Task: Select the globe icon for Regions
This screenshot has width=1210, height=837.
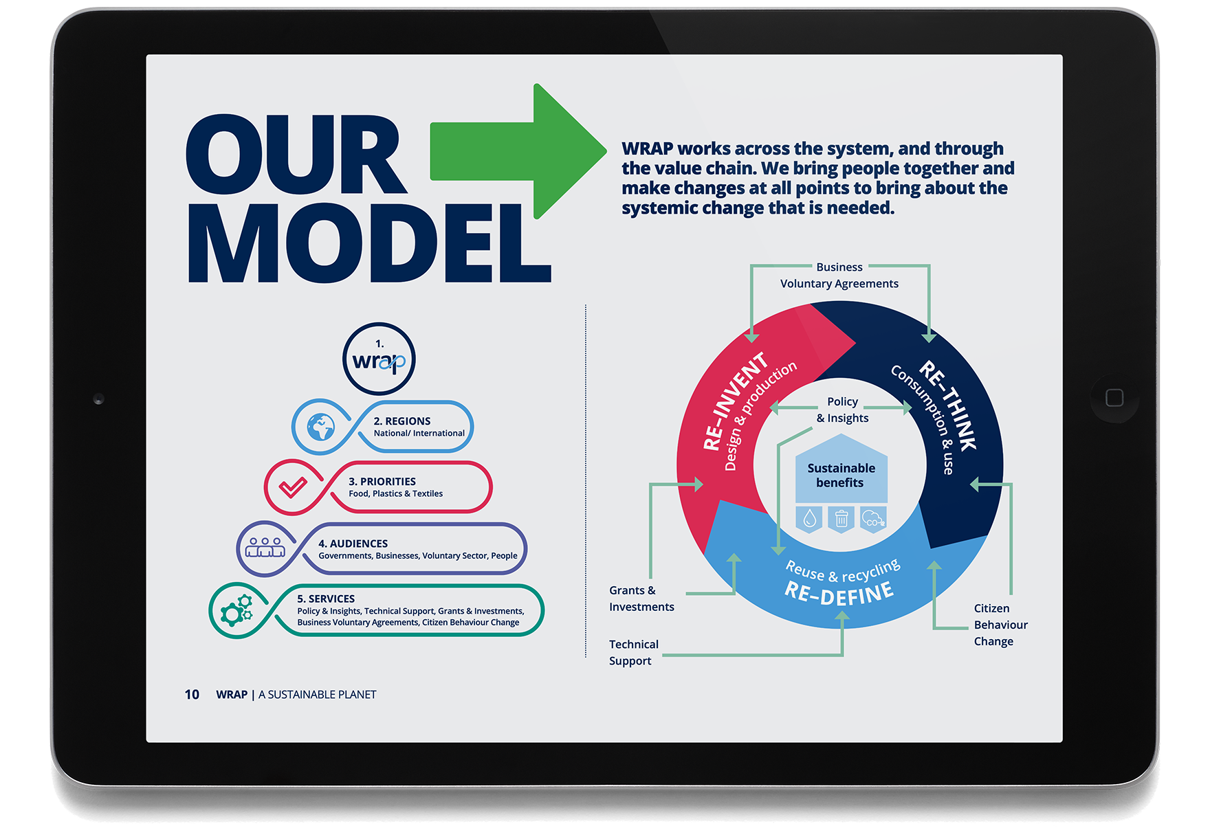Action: click(x=320, y=427)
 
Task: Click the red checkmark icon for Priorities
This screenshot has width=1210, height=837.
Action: click(x=293, y=487)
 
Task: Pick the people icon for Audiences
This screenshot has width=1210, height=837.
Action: click(x=265, y=548)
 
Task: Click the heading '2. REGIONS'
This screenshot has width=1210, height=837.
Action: click(x=402, y=421)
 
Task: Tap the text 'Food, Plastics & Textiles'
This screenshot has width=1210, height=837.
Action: click(x=395, y=494)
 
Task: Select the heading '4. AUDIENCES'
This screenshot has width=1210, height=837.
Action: click(x=353, y=544)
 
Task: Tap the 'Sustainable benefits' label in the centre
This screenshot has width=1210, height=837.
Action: click(x=841, y=476)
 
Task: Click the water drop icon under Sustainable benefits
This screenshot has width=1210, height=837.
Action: click(x=810, y=519)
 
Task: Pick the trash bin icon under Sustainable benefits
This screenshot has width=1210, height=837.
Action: click(x=841, y=519)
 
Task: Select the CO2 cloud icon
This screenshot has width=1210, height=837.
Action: click(x=872, y=519)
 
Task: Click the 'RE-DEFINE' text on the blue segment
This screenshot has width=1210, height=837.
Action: click(x=839, y=592)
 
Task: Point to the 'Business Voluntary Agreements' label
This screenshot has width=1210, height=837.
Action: click(x=839, y=276)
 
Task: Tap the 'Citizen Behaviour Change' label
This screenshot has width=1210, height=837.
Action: click(x=1000, y=625)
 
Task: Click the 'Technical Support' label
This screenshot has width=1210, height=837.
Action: click(x=633, y=652)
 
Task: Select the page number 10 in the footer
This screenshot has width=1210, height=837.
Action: click(x=192, y=695)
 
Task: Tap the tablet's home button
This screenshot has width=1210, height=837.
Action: click(x=1114, y=398)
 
